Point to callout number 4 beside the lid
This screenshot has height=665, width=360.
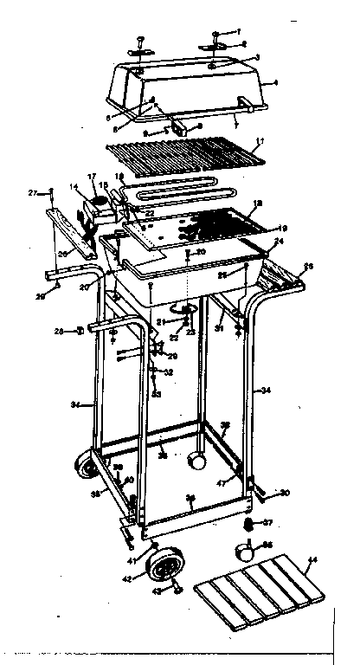[x=274, y=84]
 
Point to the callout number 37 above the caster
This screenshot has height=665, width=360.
[x=268, y=523]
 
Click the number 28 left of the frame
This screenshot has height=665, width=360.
[x=58, y=331]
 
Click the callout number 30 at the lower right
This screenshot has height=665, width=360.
[x=284, y=494]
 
